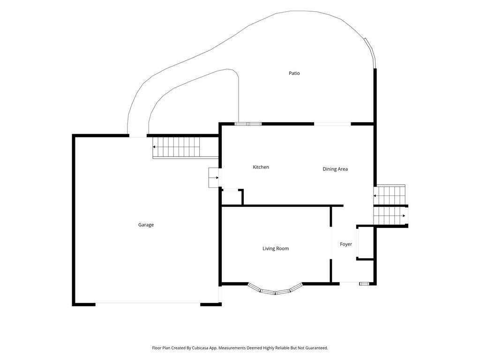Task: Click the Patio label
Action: point(294,73)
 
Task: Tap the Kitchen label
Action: point(261,167)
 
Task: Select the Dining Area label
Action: point(335,169)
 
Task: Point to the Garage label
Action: point(146,225)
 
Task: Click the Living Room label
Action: point(276,248)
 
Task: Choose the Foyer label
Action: point(346,244)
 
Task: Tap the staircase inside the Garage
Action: point(176,147)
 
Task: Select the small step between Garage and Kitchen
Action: point(214,178)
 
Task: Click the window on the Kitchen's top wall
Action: point(248,124)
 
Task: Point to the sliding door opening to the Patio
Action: point(332,124)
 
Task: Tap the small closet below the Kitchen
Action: point(232,197)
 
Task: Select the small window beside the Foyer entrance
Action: point(364,284)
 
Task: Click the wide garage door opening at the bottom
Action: point(148,304)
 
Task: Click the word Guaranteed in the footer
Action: point(316,348)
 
